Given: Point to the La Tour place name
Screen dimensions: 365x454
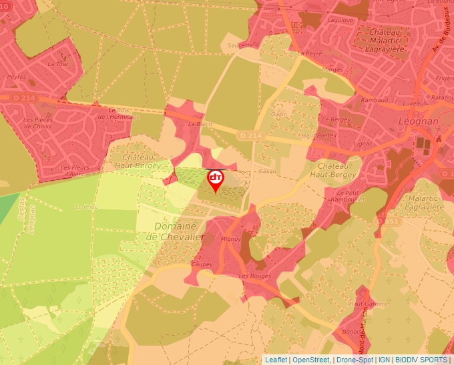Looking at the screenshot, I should click(58, 65).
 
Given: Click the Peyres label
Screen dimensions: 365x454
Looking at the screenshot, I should click(16, 77).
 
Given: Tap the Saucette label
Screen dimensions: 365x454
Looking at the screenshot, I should click(241, 45).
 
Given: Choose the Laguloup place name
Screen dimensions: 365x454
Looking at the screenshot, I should click(340, 20).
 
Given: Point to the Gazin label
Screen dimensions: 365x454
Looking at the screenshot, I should click(279, 115).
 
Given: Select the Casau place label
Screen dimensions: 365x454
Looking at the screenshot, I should click(268, 171).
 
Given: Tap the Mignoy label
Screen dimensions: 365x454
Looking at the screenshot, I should click(230, 238).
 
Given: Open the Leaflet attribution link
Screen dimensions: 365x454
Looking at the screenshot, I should click(276, 360).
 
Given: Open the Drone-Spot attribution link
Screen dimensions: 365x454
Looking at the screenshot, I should click(355, 360).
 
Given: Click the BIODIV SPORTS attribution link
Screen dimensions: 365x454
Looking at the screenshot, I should click(421, 360).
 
